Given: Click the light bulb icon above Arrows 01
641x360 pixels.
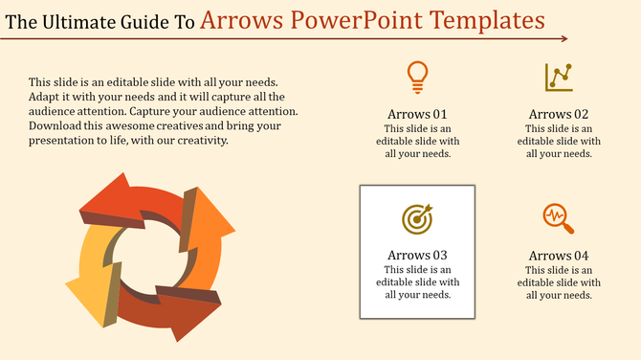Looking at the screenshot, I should click(x=417, y=76).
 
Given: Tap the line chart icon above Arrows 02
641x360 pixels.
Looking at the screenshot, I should click(x=559, y=77).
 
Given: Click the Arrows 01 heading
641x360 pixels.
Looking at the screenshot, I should click(x=417, y=114).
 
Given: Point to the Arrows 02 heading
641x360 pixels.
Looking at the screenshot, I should click(x=559, y=114).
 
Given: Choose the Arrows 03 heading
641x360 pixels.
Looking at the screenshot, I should click(x=417, y=256).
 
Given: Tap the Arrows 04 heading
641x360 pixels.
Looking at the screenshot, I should click(x=559, y=256).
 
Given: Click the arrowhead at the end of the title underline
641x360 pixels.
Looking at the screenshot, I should click(x=564, y=39).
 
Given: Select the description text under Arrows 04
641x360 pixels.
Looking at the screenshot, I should click(x=559, y=282).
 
